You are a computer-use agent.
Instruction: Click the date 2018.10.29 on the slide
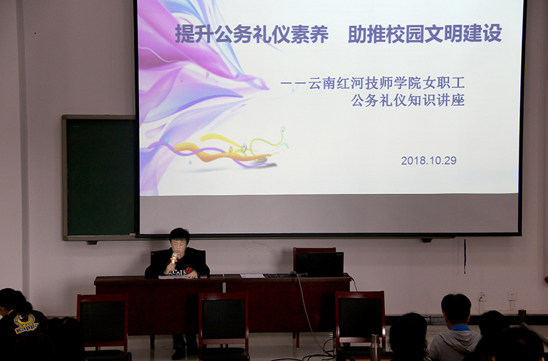pyautogui.click(x=429, y=161)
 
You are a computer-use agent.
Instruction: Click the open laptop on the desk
pyautogui.click(x=325, y=264)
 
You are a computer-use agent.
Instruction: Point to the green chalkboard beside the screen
pyautogui.click(x=101, y=177)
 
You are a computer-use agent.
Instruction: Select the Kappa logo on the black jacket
pyautogui.click(x=25, y=323)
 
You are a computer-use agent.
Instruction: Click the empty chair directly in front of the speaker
pyautogui.click(x=224, y=324)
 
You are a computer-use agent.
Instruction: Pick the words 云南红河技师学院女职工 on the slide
pyautogui.click(x=386, y=83)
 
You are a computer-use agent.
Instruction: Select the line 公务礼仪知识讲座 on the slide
pyautogui.click(x=408, y=100)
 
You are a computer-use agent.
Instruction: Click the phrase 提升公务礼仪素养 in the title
pyautogui.click(x=251, y=34)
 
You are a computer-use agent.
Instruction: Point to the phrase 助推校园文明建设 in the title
pyautogui.click(x=425, y=34)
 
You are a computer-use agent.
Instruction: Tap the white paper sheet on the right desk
pyautogui.click(x=252, y=276)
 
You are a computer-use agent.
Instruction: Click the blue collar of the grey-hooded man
pyautogui.click(x=460, y=327)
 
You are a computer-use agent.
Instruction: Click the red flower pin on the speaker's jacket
pyautogui.click(x=189, y=269)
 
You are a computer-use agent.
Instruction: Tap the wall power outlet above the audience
pyautogui.click(x=483, y=297)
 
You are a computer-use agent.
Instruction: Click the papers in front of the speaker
pyautogui.click(x=173, y=277)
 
